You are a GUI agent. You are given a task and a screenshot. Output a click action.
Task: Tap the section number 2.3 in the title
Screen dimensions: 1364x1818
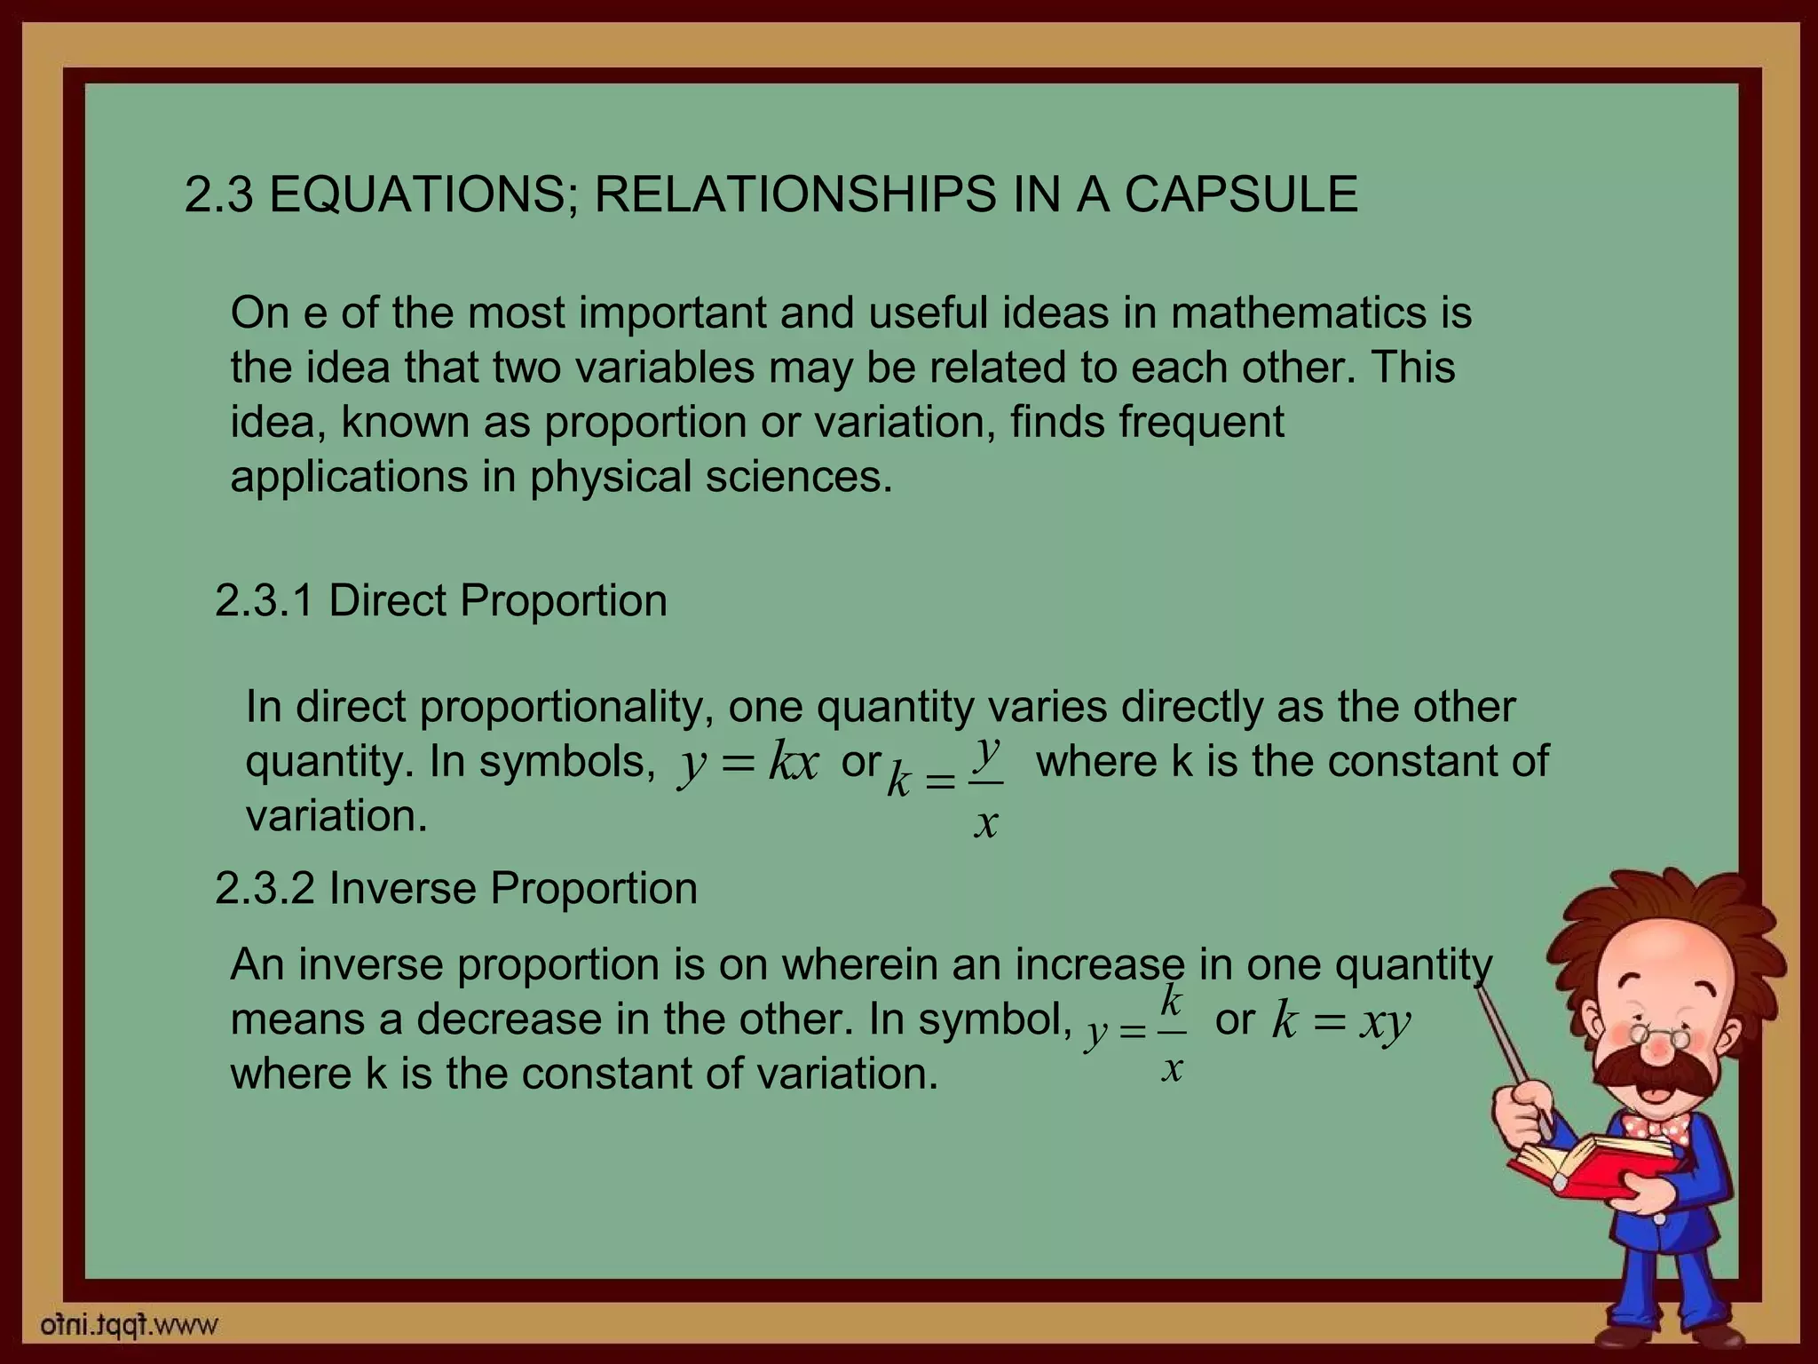[x=218, y=194]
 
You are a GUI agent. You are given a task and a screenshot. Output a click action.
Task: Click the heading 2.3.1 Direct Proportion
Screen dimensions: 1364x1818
[x=440, y=600]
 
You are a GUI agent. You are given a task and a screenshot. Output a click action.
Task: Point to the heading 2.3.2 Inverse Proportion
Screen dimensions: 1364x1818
[x=455, y=888]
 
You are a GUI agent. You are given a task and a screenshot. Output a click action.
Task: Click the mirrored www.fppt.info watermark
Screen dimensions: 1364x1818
[x=130, y=1326]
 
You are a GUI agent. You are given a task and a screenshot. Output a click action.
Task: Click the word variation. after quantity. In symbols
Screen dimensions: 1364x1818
[x=336, y=816]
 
